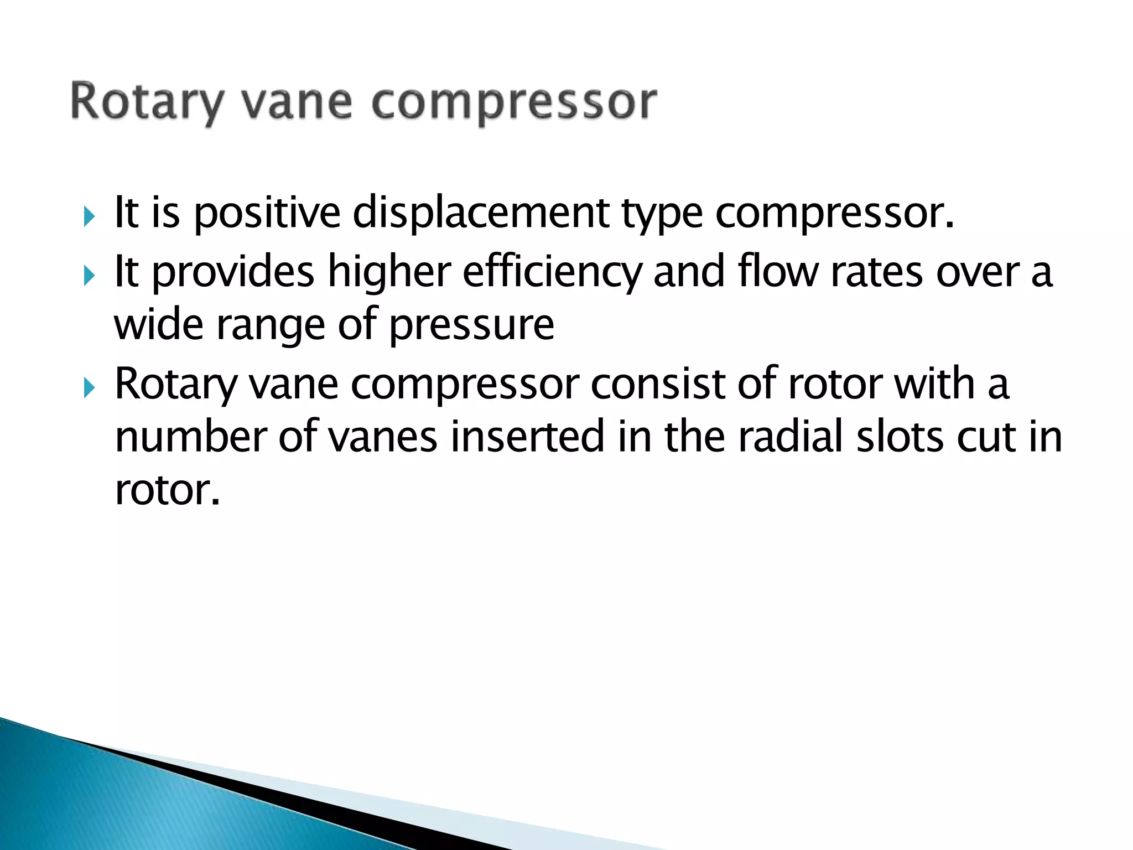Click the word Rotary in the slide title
pyautogui.click(x=147, y=102)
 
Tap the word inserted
pyautogui.click(x=526, y=437)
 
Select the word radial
pyautogui.click(x=791, y=437)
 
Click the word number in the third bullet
pyautogui.click(x=191, y=437)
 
